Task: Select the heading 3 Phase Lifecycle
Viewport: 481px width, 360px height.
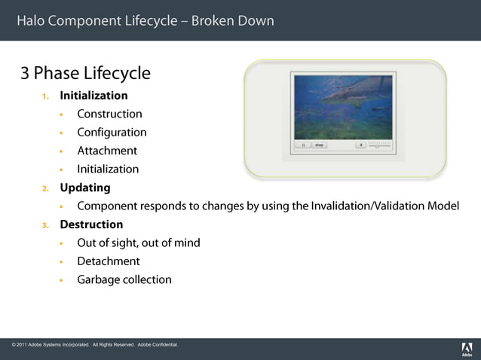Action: point(85,73)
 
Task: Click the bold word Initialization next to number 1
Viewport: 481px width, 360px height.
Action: point(93,96)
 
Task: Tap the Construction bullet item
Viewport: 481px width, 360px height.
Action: point(109,114)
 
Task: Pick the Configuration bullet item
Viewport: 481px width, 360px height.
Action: point(112,133)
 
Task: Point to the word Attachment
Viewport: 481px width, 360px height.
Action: point(107,151)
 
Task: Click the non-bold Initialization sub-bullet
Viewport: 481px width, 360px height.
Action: point(108,169)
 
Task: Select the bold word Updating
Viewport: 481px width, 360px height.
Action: point(85,188)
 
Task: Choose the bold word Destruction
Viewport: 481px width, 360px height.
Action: point(91,224)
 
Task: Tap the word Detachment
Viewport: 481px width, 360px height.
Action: point(109,261)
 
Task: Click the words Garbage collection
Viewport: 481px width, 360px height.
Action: point(124,279)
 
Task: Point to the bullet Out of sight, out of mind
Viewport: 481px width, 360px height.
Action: point(139,243)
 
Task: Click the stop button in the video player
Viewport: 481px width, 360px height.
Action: point(320,145)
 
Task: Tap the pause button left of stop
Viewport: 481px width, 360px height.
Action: point(303,145)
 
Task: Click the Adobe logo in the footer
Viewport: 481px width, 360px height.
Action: point(466,349)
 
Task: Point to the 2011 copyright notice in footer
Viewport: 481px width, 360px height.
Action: point(95,345)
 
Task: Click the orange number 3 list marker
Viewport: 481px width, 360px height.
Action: point(45,224)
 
